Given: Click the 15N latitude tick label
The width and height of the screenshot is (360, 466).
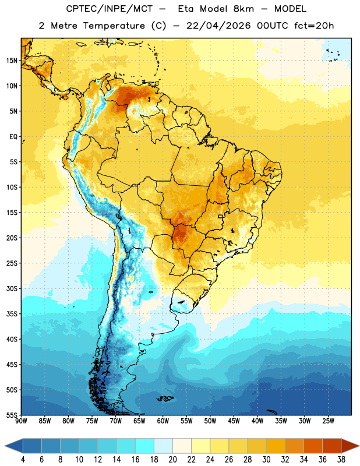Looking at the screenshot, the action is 12,61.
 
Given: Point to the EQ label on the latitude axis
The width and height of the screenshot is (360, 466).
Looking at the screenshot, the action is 13,137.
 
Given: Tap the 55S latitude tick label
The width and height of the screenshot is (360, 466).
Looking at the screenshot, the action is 12,415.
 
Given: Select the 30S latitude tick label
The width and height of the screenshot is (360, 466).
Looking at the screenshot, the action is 12,288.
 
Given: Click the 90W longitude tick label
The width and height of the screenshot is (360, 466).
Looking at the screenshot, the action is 21,421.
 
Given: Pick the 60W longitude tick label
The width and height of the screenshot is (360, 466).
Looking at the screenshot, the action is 163,421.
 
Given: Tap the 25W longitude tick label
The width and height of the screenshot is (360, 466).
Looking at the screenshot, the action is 328,421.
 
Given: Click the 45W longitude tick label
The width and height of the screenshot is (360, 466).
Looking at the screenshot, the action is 234,421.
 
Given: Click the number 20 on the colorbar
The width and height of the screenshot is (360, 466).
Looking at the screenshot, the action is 172,460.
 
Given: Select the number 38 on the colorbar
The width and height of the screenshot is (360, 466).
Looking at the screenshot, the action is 341,460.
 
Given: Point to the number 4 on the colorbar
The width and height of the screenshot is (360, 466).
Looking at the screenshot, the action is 23,460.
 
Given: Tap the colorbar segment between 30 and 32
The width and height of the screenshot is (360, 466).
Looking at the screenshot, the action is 276,446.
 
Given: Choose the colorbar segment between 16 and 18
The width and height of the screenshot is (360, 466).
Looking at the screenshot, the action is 144,446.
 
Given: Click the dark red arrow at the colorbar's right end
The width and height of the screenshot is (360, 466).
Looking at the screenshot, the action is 350,446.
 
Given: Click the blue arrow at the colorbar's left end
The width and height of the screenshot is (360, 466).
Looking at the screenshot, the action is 13,446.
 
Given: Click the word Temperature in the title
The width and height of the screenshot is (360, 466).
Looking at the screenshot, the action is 114,26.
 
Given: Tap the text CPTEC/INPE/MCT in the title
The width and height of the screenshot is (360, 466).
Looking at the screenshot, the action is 109,9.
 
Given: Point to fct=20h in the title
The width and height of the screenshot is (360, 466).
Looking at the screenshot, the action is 314,26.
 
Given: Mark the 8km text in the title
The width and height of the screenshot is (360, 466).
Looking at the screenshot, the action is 243,9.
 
